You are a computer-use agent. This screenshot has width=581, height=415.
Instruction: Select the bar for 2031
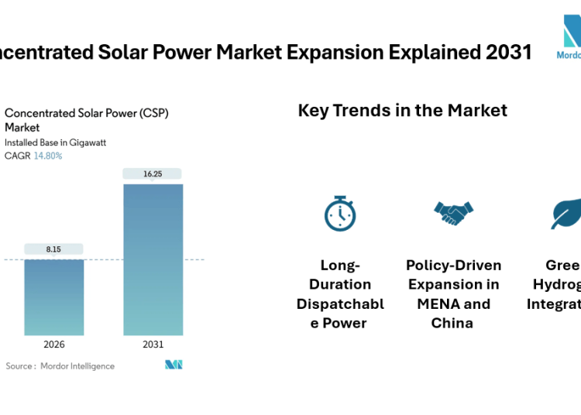click(153, 259)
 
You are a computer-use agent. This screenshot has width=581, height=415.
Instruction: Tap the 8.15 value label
click(54, 249)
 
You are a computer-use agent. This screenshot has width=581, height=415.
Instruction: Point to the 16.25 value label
click(153, 174)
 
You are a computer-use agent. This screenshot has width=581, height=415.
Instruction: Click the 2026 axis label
click(54, 345)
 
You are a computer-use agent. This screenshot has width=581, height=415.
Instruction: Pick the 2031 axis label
click(153, 345)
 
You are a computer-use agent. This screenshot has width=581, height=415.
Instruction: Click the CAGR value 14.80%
click(48, 156)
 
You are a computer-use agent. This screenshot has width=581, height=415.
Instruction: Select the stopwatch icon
click(340, 213)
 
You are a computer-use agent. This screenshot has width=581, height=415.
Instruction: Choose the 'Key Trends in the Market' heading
click(402, 110)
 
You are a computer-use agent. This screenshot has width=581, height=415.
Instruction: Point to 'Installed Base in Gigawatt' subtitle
click(56, 142)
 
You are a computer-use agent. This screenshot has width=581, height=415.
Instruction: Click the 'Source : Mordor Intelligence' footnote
click(60, 365)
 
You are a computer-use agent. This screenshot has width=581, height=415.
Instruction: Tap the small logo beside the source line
click(174, 365)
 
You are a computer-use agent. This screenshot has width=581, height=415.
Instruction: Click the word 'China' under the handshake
click(452, 323)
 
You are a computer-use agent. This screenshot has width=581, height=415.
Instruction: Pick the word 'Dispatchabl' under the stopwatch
click(340, 304)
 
